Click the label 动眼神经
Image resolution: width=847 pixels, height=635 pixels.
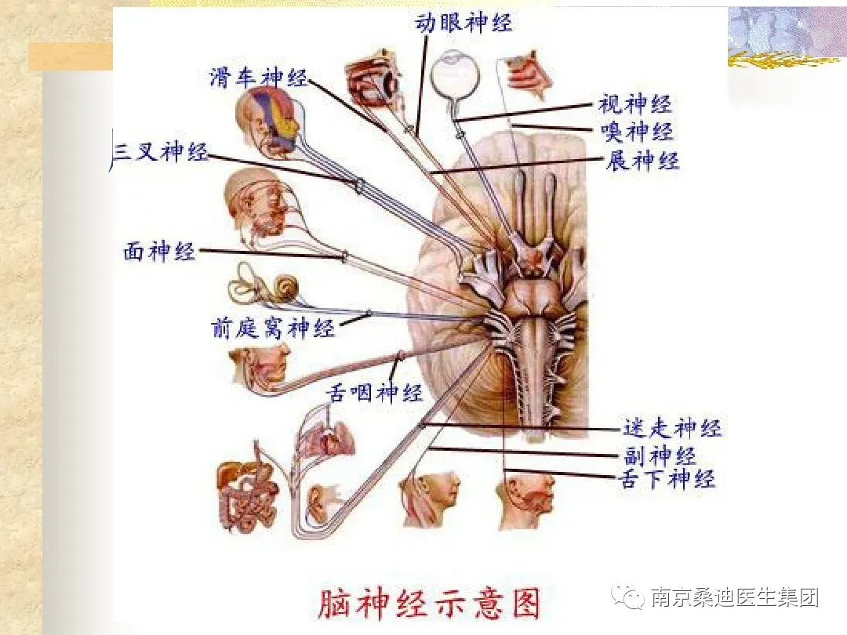(463, 22)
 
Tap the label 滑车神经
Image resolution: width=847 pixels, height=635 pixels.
(258, 78)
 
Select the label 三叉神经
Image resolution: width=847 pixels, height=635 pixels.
(161, 152)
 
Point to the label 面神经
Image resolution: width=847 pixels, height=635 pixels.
(159, 252)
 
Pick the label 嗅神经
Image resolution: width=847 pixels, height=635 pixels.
(636, 131)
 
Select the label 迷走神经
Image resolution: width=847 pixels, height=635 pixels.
(672, 428)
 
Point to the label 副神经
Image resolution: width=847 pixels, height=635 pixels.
(660, 455)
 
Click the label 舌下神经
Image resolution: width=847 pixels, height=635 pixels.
(667, 478)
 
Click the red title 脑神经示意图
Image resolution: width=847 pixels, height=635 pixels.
(429, 604)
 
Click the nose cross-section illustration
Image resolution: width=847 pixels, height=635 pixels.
(527, 75)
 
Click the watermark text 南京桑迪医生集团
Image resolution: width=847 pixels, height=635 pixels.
(735, 598)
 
